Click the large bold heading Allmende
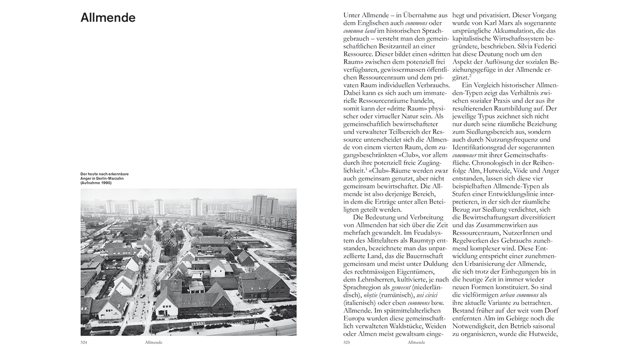click(x=108, y=18)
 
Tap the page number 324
click(x=84, y=342)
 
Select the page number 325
click(x=347, y=342)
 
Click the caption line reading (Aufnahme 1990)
click(x=96, y=183)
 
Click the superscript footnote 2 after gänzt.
click(x=470, y=76)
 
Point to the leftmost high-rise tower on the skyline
click(x=110, y=206)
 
